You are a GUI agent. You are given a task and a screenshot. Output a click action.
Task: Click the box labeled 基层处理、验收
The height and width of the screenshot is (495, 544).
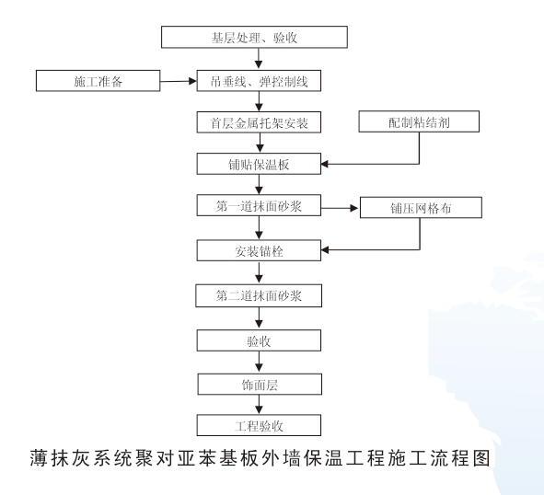click(254, 37)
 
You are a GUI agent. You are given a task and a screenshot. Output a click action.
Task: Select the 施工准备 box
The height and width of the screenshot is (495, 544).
click(98, 81)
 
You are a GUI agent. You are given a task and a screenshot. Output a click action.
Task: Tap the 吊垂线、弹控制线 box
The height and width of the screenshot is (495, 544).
click(259, 81)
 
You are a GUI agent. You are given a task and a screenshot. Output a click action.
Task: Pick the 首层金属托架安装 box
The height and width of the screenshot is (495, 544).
click(259, 122)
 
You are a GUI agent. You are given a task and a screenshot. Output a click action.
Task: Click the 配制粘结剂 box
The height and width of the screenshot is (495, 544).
click(419, 121)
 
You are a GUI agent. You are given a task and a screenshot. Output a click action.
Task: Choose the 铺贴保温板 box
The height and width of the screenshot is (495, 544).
click(259, 164)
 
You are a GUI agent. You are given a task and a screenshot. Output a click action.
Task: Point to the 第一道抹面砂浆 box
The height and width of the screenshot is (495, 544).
click(259, 205)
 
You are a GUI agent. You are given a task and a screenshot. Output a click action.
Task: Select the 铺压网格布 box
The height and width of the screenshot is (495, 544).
click(421, 207)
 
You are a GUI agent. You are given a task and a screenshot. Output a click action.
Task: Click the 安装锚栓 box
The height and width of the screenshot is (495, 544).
click(259, 250)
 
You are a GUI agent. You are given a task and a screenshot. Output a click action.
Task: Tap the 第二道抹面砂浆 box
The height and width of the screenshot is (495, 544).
click(259, 295)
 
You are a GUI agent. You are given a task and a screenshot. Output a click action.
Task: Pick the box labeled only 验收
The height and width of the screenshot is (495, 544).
click(259, 340)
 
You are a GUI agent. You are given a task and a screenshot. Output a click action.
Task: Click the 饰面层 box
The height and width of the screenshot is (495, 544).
click(260, 384)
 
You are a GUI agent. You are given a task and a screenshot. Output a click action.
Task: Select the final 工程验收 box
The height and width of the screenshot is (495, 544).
click(259, 425)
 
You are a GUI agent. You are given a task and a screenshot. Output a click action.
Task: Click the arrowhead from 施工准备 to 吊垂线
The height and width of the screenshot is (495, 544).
click(192, 81)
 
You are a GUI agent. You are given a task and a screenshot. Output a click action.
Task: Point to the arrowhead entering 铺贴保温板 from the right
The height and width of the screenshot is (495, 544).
click(325, 164)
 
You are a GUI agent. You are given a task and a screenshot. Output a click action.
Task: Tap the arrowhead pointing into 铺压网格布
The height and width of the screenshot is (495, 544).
click(354, 208)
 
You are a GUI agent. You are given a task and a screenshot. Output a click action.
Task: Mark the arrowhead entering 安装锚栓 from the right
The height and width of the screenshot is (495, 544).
click(325, 249)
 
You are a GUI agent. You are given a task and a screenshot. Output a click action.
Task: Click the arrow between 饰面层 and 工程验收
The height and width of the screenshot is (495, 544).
click(259, 405)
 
